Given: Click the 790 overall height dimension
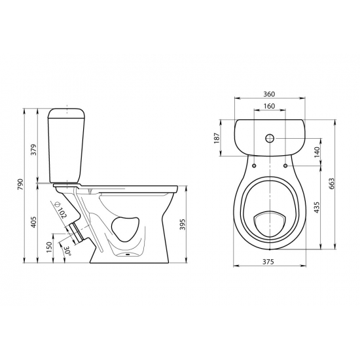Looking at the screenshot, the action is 21,184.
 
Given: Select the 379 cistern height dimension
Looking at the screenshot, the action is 34,150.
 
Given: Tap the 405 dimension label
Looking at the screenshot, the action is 34,222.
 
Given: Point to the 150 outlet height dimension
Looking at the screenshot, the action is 49,247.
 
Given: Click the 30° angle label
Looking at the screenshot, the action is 67,251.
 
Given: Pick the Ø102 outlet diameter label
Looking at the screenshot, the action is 60,210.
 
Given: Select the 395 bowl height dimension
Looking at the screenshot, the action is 183,225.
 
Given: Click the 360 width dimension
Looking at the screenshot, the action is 269,94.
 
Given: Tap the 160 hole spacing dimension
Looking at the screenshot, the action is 269,106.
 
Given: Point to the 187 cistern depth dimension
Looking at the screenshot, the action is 217,138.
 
